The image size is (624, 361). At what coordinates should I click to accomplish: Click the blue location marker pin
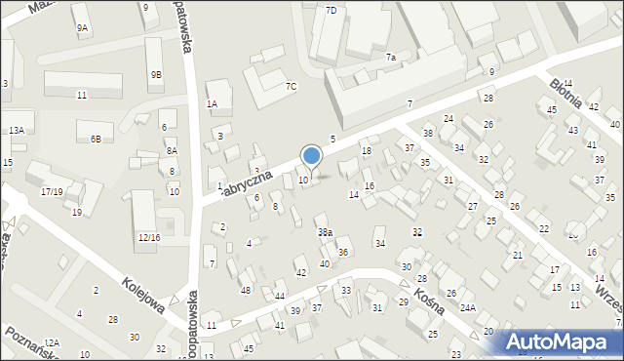click(x=312, y=157)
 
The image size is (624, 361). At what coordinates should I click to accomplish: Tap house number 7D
click(x=331, y=10)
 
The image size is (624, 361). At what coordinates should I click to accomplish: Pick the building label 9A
click(x=82, y=28)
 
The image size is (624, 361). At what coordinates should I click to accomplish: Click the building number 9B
click(x=156, y=75)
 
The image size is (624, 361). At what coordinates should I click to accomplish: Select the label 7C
click(x=291, y=86)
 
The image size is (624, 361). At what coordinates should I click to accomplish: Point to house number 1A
click(x=212, y=103)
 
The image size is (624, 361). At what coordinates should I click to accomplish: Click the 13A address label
click(x=17, y=130)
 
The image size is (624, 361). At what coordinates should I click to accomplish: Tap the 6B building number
click(x=96, y=140)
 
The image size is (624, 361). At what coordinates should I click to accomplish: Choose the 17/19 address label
click(x=53, y=192)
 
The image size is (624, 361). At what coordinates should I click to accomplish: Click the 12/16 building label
click(x=148, y=237)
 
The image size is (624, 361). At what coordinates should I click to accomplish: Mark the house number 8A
click(x=172, y=150)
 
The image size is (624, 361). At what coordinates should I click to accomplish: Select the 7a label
click(x=390, y=58)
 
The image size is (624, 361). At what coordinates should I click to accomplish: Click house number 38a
click(x=325, y=232)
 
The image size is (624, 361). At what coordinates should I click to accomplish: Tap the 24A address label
click(x=468, y=308)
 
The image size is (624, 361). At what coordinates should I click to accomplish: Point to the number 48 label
click(x=246, y=291)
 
